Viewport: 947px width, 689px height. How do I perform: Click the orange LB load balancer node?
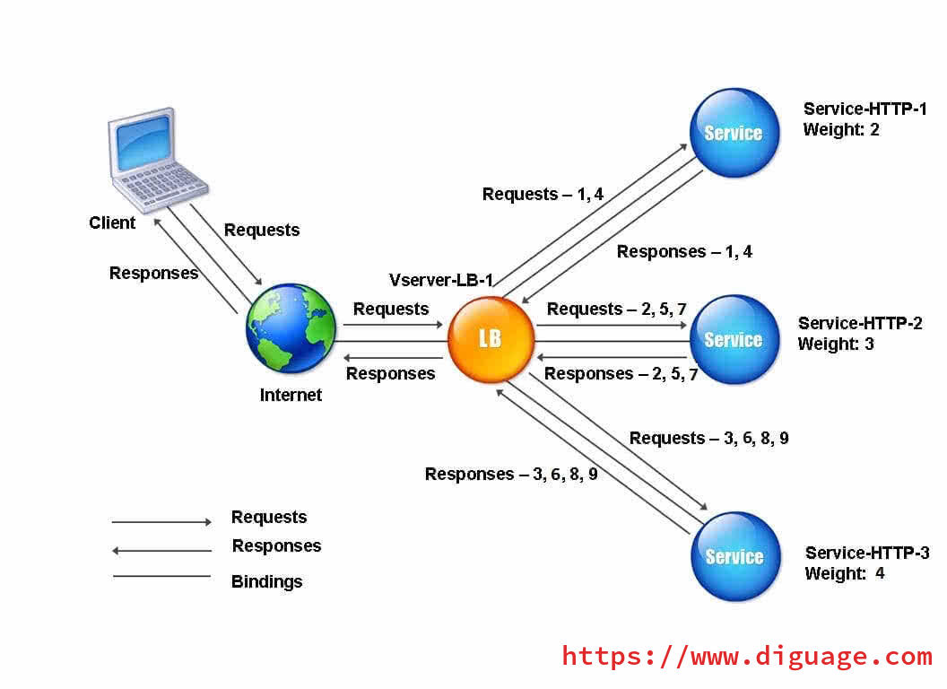pyautogui.click(x=491, y=340)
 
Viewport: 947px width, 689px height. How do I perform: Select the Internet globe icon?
pyautogui.click(x=291, y=328)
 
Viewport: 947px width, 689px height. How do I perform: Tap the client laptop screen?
pyautogui.click(x=143, y=143)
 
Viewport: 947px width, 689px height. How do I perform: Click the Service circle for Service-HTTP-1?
pyautogui.click(x=734, y=133)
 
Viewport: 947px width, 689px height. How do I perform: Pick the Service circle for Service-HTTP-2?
pyautogui.click(x=734, y=340)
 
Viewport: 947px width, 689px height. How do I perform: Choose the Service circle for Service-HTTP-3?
pyautogui.click(x=735, y=556)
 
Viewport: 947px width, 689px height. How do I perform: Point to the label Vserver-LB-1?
pyautogui.click(x=441, y=280)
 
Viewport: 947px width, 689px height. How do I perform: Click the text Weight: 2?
pyautogui.click(x=840, y=129)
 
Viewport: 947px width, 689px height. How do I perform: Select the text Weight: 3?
pyautogui.click(x=836, y=344)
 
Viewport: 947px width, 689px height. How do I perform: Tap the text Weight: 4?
pyautogui.click(x=845, y=573)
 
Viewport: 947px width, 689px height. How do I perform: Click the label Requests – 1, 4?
pyautogui.click(x=543, y=194)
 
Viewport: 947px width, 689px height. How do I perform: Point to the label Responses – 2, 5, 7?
pyautogui.click(x=621, y=374)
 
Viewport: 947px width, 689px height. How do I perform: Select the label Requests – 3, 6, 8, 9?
pyautogui.click(x=709, y=438)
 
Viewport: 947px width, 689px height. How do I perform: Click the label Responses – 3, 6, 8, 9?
pyautogui.click(x=511, y=474)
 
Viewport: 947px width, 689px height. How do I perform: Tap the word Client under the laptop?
pyautogui.click(x=112, y=223)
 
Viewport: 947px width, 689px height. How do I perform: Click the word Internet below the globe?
pyautogui.click(x=291, y=396)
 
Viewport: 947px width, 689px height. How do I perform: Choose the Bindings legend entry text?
pyautogui.click(x=267, y=582)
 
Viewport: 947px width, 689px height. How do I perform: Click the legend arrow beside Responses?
pyautogui.click(x=161, y=551)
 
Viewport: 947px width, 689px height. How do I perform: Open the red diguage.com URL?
pyautogui.click(x=747, y=657)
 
